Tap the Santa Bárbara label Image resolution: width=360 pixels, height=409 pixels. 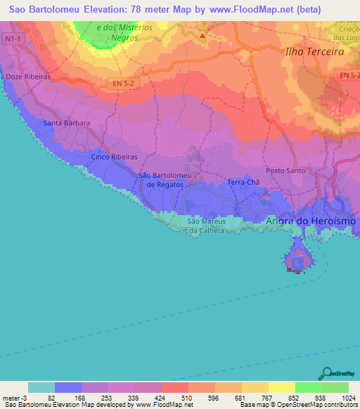pos(67,123)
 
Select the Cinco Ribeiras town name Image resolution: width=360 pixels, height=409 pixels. pos(113,157)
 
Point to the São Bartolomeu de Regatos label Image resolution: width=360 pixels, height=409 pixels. pos(165,180)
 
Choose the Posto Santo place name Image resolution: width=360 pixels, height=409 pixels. pos(285,171)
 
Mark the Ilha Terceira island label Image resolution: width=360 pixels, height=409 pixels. pos(314,52)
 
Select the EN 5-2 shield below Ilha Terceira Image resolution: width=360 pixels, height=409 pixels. pos(347,75)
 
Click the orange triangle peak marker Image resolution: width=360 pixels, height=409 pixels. pos(202,35)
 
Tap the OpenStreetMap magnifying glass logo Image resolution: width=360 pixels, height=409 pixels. pos(326,373)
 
